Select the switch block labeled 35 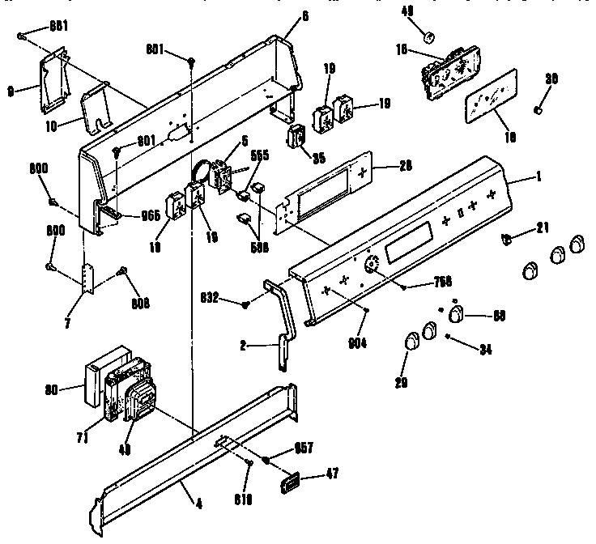point(298,134)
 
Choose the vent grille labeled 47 point(290,484)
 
